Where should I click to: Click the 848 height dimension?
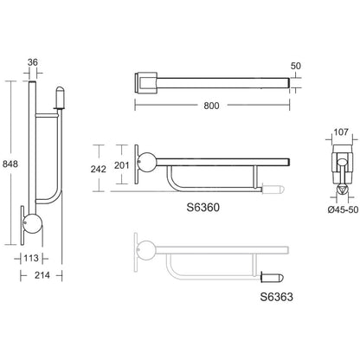(10, 164)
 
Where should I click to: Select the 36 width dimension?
(33, 62)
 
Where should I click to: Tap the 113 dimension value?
(31, 258)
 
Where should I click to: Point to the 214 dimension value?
(42, 275)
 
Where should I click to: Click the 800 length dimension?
(211, 106)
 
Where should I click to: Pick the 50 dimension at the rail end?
(296, 66)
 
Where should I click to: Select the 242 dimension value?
(99, 169)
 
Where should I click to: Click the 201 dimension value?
(122, 165)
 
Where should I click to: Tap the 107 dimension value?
(341, 132)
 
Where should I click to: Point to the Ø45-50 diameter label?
(344, 209)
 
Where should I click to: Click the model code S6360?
(203, 208)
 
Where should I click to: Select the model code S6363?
(277, 297)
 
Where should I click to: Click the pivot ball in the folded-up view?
(32, 223)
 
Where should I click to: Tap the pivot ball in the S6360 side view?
(147, 162)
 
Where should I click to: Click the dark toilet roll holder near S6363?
(273, 278)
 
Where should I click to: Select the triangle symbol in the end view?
(342, 190)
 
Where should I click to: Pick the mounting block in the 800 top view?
(146, 82)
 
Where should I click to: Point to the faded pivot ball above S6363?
(147, 250)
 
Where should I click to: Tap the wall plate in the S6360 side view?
(136, 164)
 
